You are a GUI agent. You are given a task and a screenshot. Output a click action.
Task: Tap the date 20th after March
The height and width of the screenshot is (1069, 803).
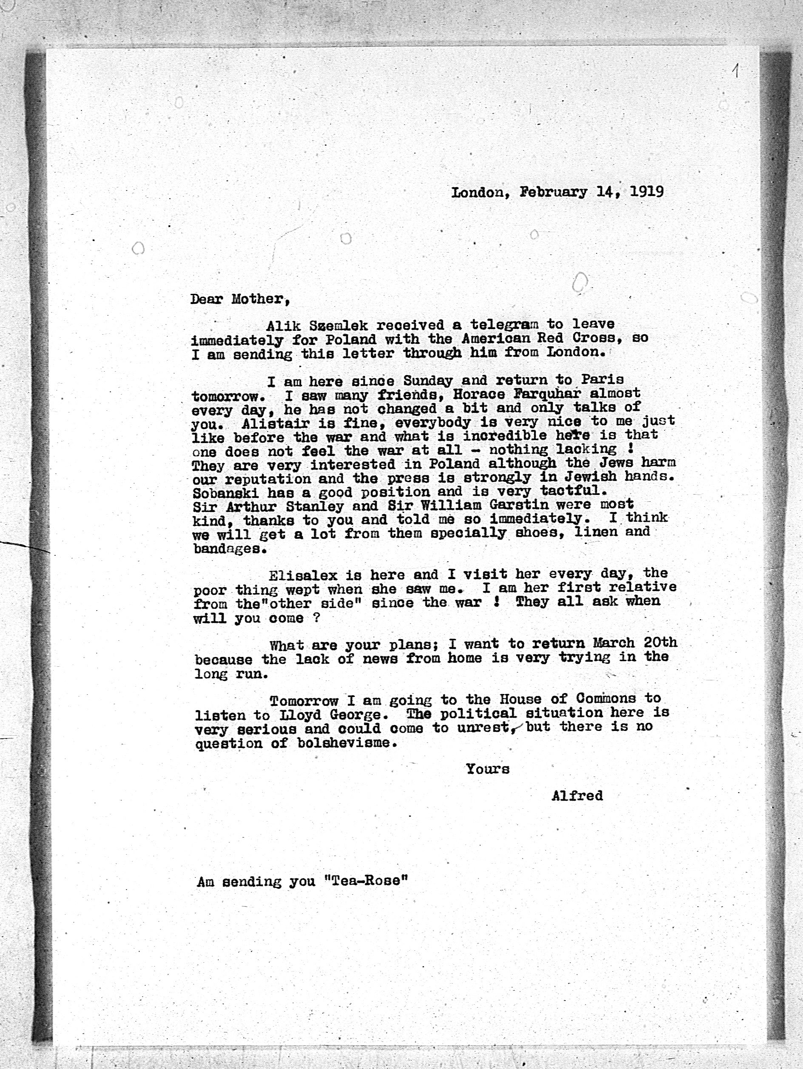(x=660, y=643)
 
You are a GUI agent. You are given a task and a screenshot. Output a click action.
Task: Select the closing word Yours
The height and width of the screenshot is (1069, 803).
(x=488, y=769)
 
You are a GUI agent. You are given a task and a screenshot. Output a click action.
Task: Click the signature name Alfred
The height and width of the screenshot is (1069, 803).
(x=577, y=796)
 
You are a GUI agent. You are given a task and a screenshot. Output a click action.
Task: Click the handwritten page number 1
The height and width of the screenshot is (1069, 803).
(x=735, y=71)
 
